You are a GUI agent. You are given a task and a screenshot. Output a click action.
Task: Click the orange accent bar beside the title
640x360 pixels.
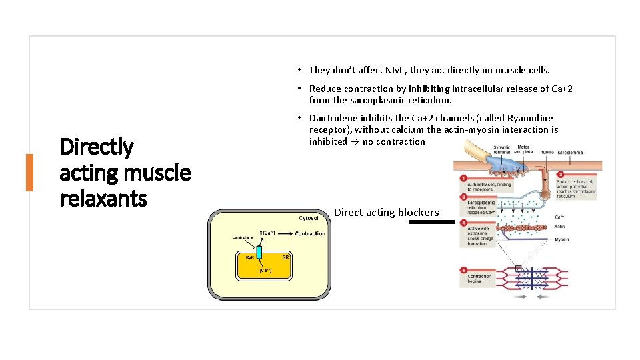[x=29, y=172]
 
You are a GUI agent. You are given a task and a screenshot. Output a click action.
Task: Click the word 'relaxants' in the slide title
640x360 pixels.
[x=103, y=198]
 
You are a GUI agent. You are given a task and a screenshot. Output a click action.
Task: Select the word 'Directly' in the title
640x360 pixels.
[x=97, y=147]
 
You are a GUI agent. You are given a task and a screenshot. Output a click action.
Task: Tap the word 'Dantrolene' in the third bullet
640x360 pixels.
[x=333, y=118]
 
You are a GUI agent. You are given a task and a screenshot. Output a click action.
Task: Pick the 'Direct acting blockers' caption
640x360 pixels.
[x=386, y=213]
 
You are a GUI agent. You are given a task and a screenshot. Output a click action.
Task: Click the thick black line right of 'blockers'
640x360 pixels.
[x=431, y=222]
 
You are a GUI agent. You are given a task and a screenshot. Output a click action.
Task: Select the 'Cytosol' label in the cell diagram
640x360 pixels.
[x=308, y=218]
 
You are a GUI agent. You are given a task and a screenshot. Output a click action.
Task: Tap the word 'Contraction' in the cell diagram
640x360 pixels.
[x=310, y=233]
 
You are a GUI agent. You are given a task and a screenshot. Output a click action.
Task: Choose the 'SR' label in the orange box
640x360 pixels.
[x=285, y=257]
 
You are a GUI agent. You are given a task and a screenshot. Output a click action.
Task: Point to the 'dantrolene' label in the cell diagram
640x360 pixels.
[x=242, y=237]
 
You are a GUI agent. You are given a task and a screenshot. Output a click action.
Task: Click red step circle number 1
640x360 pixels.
[x=463, y=178]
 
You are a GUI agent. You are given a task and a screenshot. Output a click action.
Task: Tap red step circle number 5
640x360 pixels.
[x=463, y=270]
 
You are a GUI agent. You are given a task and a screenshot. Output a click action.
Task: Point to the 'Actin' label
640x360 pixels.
[x=560, y=227]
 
